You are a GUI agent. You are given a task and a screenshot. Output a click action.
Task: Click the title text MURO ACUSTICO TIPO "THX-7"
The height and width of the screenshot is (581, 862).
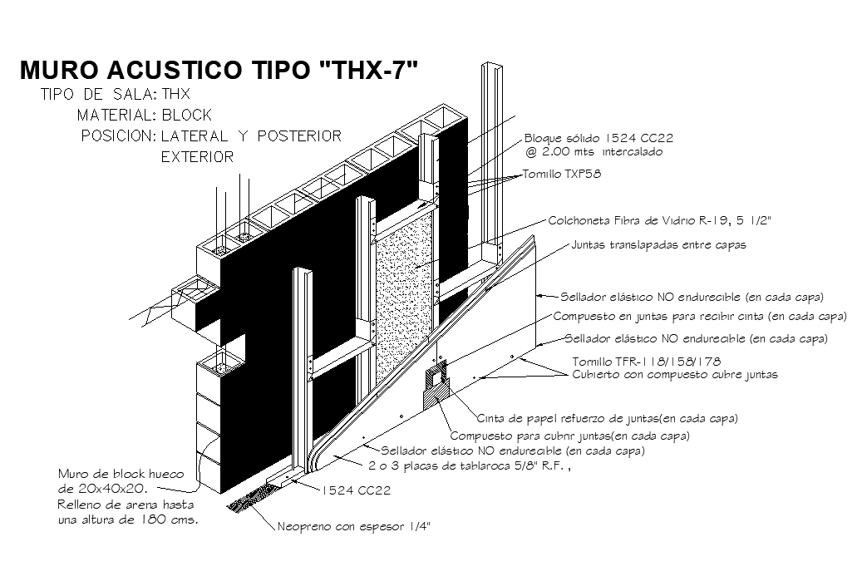click(217, 70)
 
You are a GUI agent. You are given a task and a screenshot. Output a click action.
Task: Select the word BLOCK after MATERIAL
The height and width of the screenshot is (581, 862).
click(187, 115)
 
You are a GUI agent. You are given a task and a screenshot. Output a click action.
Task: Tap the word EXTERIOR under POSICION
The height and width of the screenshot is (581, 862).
click(197, 156)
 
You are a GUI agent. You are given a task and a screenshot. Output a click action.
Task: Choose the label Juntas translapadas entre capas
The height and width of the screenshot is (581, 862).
click(658, 244)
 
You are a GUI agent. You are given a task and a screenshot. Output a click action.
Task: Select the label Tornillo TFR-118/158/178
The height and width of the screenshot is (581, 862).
click(647, 362)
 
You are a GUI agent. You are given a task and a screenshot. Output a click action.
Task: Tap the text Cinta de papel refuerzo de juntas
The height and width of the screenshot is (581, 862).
click(608, 417)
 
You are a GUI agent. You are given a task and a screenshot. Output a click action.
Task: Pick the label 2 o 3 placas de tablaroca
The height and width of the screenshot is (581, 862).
click(470, 466)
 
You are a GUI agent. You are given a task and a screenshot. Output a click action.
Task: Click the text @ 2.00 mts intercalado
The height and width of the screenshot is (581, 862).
click(594, 152)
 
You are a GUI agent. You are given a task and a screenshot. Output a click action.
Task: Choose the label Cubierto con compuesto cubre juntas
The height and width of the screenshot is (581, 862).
click(676, 374)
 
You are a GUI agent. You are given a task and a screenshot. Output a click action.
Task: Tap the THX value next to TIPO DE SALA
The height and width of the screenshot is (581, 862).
click(175, 94)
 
